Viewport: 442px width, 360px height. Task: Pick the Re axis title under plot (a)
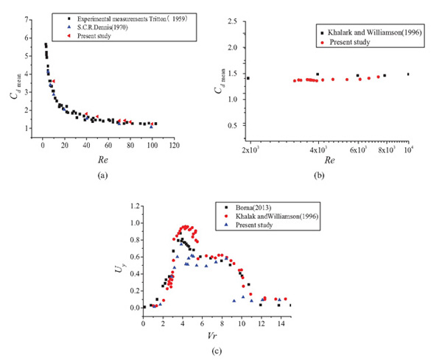click(x=101, y=158)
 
